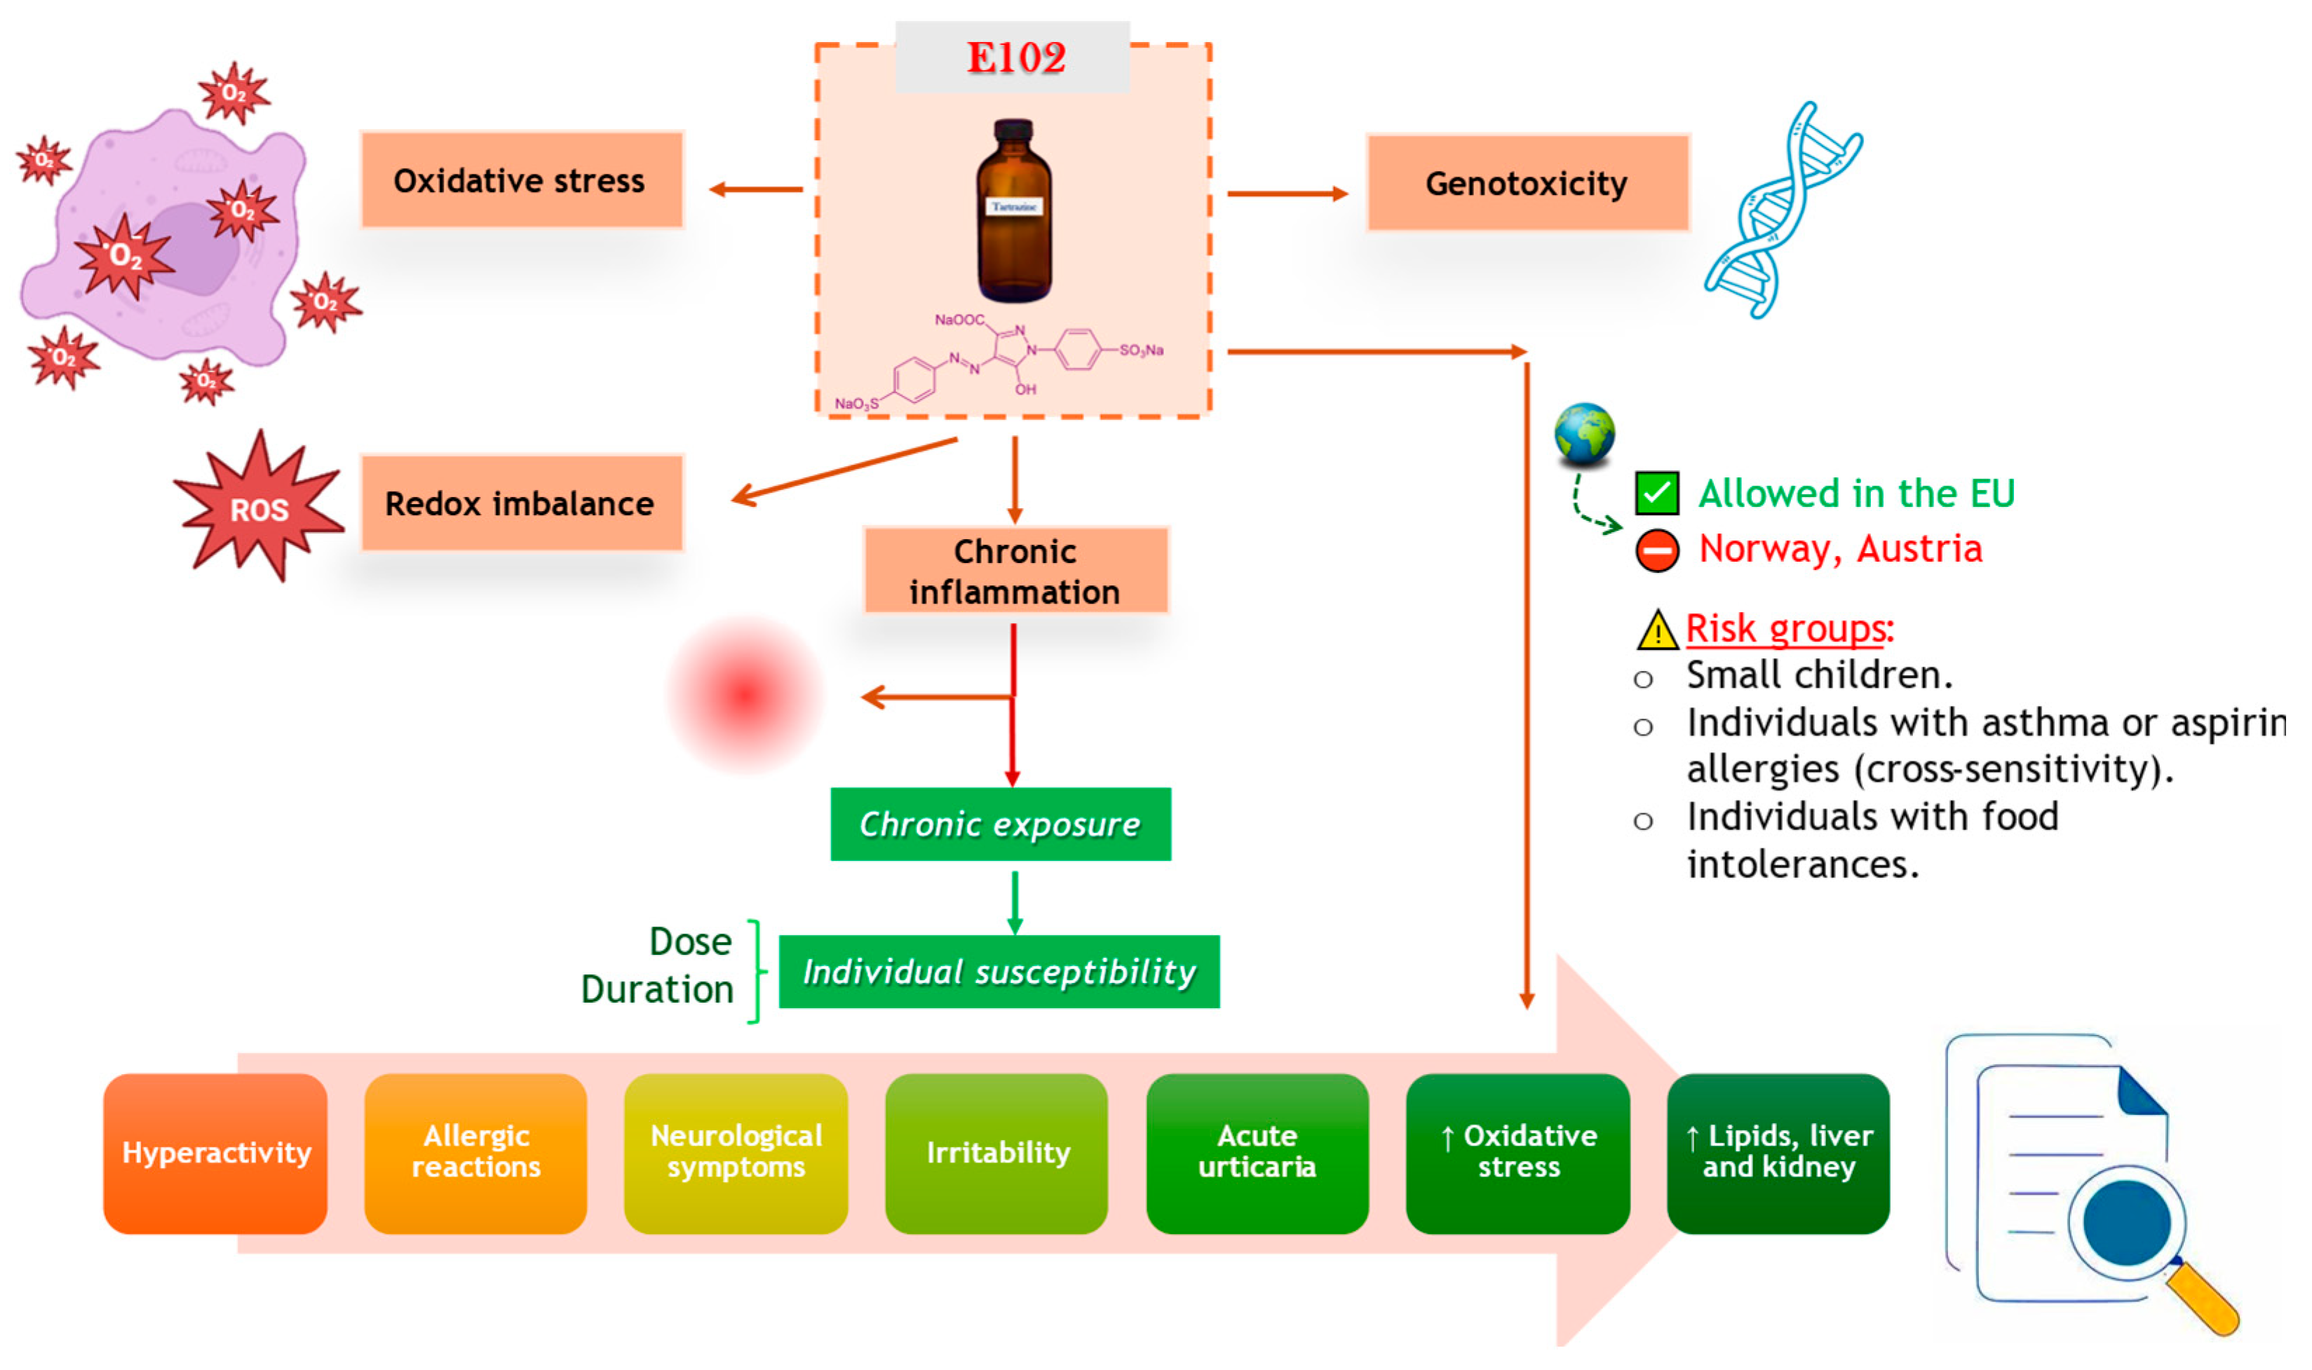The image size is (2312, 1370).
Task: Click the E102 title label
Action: tap(1014, 57)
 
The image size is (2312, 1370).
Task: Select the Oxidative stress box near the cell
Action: tap(522, 180)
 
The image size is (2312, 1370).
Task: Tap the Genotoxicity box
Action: tap(1527, 183)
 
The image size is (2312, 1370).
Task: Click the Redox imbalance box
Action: tap(522, 503)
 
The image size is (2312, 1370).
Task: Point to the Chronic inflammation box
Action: tap(1015, 571)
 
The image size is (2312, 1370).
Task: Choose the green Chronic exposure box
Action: tap(1001, 824)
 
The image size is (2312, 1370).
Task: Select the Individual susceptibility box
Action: tap(999, 971)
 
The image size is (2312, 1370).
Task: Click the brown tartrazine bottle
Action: tap(1014, 212)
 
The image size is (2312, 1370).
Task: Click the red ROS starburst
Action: tap(259, 508)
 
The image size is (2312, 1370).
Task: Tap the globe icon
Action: tap(1584, 434)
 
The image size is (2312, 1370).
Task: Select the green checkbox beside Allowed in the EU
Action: tap(1656, 493)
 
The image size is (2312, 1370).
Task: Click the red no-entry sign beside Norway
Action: tap(1656, 550)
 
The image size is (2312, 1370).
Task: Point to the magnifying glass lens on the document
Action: tap(2126, 1221)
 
